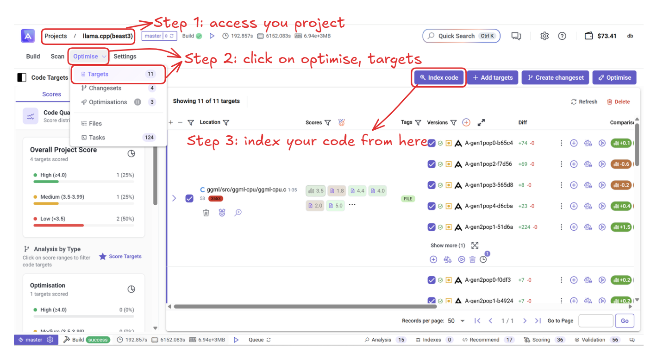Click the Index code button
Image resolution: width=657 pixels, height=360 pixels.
439,77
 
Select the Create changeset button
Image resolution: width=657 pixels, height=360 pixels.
555,77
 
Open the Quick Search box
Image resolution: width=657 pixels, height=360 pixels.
461,36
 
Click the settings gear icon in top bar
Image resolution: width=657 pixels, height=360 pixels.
544,36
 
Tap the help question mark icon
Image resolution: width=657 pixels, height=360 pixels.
562,36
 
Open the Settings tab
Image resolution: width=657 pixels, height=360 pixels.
125,57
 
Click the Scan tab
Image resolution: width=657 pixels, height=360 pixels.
57,57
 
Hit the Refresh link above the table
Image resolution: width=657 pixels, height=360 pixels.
584,101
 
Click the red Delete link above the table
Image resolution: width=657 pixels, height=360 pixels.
618,101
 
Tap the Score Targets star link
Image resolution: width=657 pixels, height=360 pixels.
120,256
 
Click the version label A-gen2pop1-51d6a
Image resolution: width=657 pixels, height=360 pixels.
489,227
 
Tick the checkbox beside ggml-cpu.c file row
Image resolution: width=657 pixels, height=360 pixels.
189,199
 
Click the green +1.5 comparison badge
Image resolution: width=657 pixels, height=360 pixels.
621,227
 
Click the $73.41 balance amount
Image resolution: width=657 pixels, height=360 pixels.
607,36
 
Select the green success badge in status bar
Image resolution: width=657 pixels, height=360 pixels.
98,340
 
